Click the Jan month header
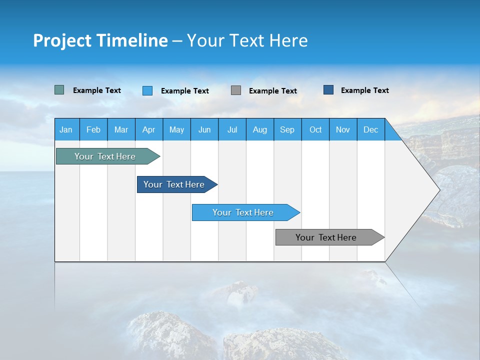66,129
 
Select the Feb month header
93,129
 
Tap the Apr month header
148,129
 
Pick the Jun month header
204,129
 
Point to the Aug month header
259,129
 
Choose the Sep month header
287,129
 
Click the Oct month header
315,129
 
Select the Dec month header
370,129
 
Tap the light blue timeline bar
243,212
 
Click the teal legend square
59,90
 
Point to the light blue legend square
147,90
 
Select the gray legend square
236,90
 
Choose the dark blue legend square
328,90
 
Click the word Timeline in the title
131,40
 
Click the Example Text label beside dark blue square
364,90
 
